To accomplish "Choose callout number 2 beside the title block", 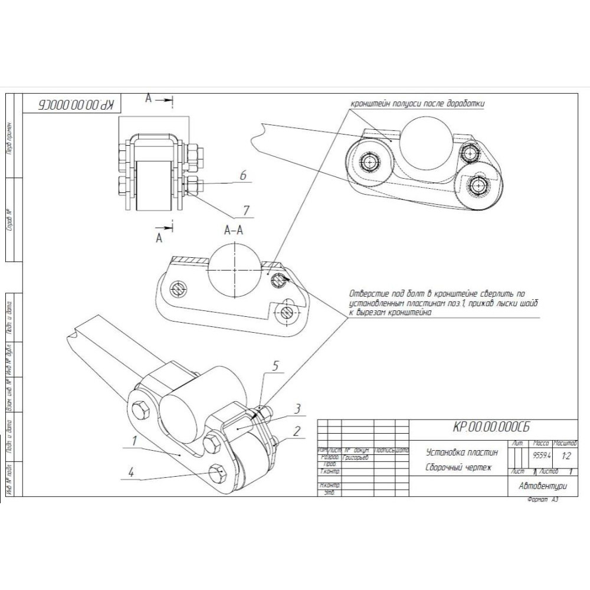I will pos(297,431).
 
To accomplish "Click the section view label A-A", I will pos(234,231).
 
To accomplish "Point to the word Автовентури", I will pos(542,487).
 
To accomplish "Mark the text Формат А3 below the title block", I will pos(543,500).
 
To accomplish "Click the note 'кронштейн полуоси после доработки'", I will pos(418,103).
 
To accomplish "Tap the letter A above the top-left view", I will pos(149,99).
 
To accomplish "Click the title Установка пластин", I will pos(462,453).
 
